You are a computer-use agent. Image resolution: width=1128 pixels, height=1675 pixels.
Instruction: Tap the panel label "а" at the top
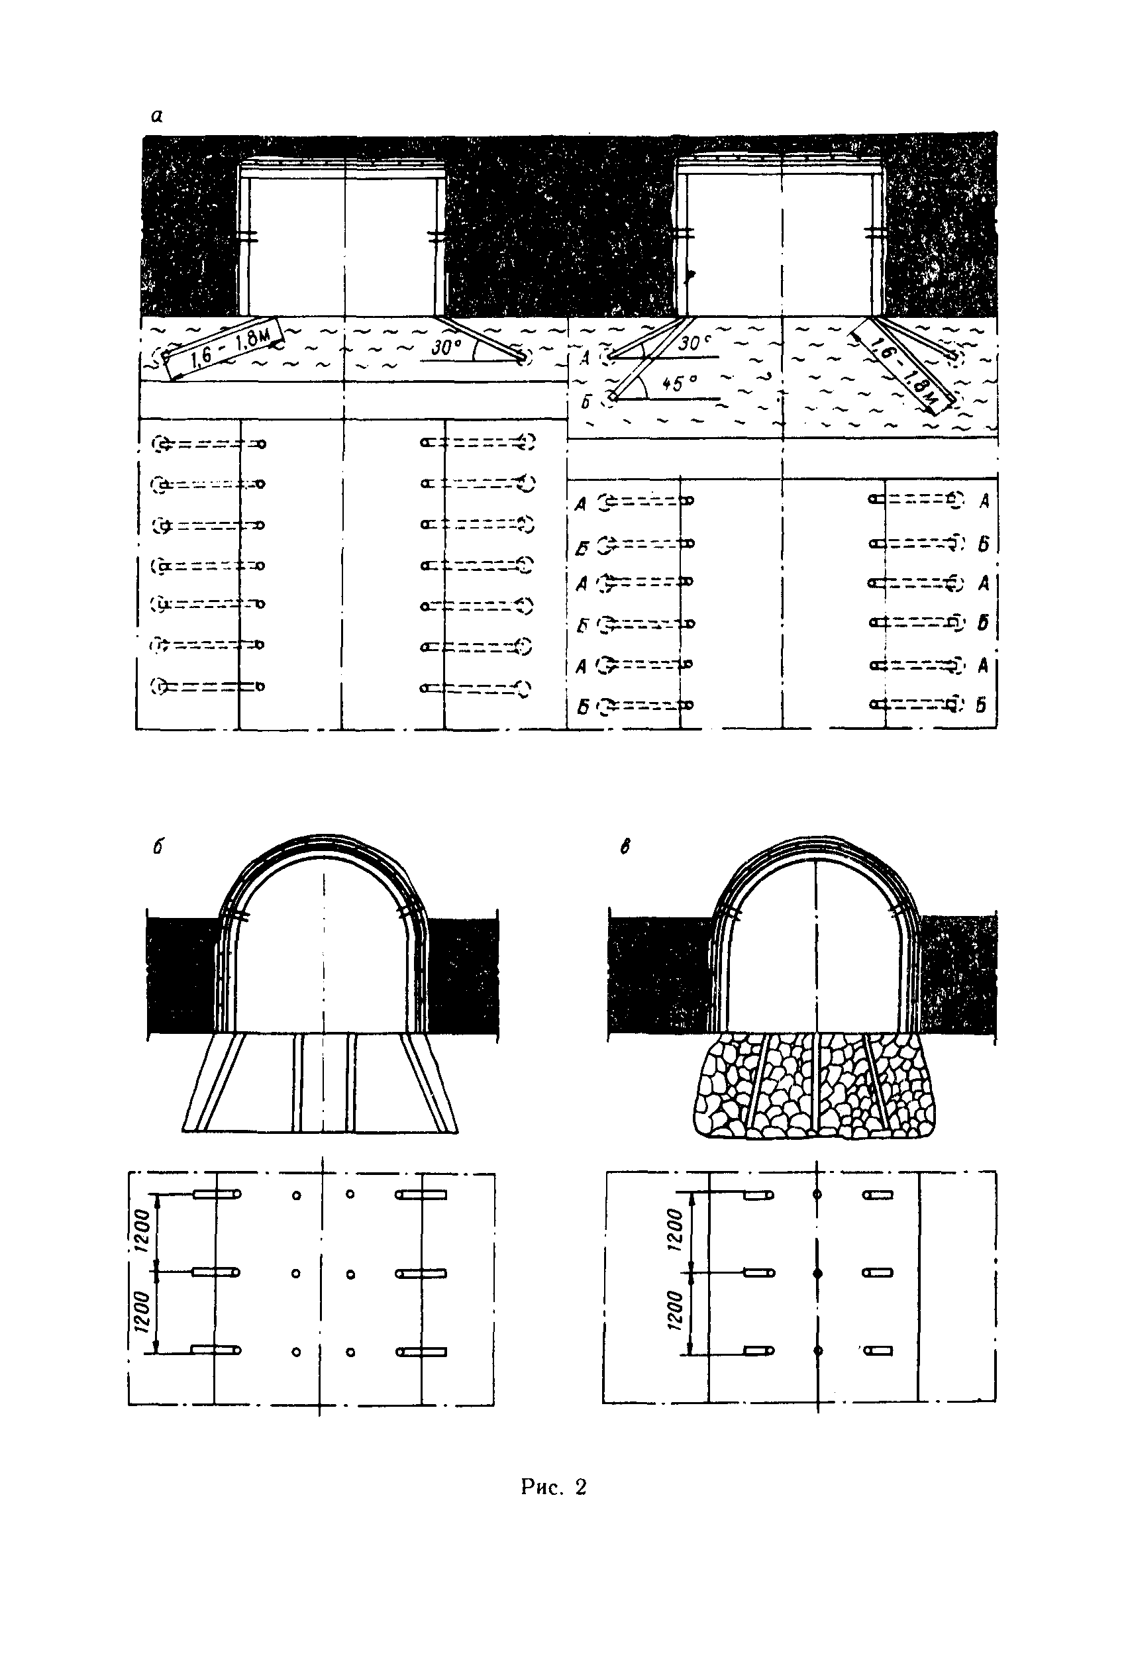pos(158,116)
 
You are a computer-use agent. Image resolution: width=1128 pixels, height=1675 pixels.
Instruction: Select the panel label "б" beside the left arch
pos(158,847)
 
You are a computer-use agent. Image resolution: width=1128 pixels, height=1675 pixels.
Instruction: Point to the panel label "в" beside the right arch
pos(625,848)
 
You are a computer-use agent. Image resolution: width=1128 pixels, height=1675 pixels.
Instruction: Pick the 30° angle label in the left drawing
pos(445,347)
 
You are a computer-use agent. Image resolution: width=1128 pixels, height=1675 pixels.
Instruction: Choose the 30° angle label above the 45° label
pos(693,344)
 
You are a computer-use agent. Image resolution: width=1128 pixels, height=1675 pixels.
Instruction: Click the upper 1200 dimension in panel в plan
pos(675,1231)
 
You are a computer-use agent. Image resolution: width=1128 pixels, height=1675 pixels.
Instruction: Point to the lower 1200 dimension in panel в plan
pos(675,1312)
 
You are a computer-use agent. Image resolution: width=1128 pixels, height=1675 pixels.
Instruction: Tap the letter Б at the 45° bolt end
pos(586,403)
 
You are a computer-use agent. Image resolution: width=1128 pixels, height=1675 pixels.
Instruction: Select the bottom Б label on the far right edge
pos(982,705)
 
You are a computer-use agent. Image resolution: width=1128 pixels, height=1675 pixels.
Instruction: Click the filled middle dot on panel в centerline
pos(817,1274)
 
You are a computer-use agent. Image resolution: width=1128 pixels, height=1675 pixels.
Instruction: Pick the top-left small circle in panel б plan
pos(296,1196)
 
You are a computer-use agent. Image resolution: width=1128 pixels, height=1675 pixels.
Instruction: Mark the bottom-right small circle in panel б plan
pos(350,1352)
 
